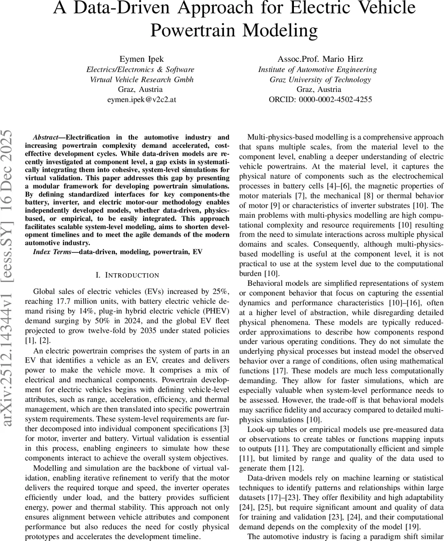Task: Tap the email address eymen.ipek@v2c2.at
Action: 140,99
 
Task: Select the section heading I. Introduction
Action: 128,275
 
